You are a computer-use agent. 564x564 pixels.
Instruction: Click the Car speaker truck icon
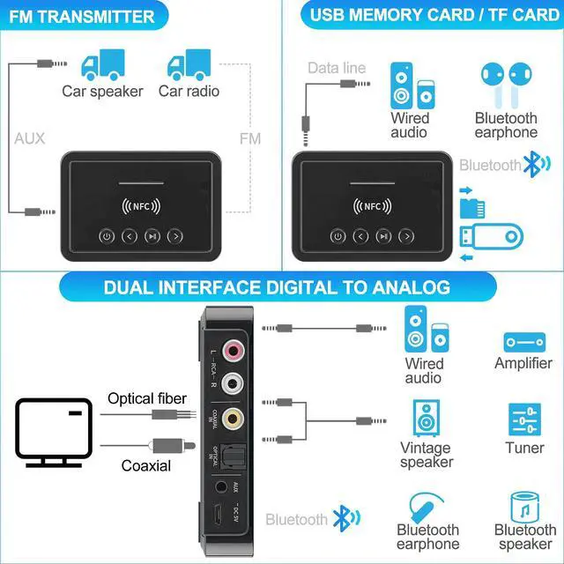pos(101,63)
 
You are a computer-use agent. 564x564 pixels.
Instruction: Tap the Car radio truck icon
pos(188,63)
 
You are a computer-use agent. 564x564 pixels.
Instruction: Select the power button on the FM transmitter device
pos(107,235)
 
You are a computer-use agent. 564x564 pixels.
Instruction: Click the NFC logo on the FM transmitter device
pos(141,209)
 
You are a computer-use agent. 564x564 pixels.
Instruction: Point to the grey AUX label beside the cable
pos(29,138)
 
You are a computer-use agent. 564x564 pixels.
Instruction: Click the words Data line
pos(336,68)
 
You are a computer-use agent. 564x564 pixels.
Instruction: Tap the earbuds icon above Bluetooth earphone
pos(505,85)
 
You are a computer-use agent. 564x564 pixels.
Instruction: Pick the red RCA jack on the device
pos(234,352)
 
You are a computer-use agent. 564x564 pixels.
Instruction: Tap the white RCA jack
pos(234,383)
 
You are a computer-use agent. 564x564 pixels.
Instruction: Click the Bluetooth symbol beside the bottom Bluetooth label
pos(341,519)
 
